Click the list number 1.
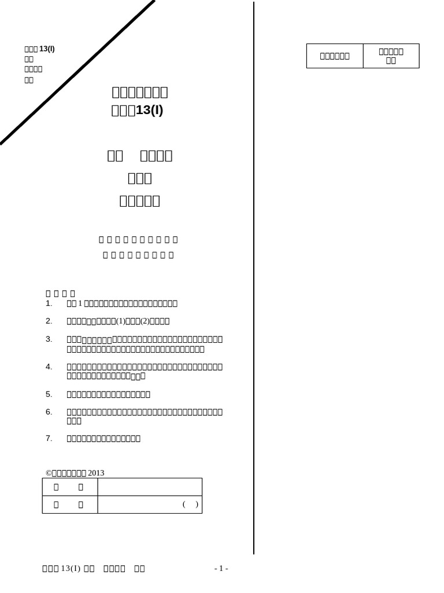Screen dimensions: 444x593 click(48, 303)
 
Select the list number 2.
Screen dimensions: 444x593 click(48, 321)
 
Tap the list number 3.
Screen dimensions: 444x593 click(48, 339)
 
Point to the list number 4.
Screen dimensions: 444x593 click(48, 367)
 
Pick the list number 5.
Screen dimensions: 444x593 click(48, 394)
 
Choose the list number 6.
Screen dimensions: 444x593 click(48, 412)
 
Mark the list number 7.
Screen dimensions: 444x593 click(48, 438)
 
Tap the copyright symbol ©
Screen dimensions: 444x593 click(49, 473)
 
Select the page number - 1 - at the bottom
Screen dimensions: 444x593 click(221, 569)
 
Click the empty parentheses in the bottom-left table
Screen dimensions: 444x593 click(191, 504)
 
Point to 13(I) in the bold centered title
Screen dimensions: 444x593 click(149, 110)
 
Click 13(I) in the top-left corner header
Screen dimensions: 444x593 click(47, 49)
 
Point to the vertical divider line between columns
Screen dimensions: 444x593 click(254, 278)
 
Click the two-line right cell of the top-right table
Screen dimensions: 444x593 click(391, 56)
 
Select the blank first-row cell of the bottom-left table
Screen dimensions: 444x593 click(150, 487)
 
